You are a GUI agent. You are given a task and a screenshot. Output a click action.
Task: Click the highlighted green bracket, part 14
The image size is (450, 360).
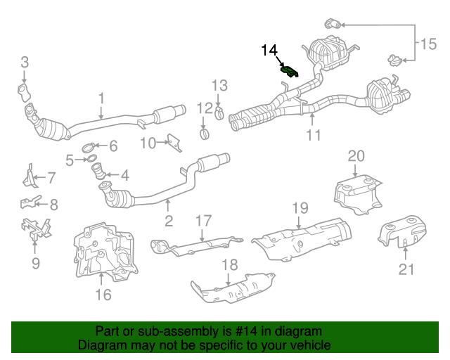tap(289, 70)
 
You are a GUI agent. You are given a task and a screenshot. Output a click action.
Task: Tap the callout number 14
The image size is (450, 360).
tap(270, 50)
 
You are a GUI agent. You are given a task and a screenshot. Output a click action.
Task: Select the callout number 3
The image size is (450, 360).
tap(25, 63)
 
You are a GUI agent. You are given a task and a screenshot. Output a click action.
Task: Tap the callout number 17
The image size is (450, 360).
tap(203, 221)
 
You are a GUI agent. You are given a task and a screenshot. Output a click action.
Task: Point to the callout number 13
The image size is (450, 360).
tap(219, 86)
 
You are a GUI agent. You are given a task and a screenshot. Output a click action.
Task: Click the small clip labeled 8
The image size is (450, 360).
tap(28, 205)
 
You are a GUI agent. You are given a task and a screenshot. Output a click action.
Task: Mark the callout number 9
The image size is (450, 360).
tap(36, 263)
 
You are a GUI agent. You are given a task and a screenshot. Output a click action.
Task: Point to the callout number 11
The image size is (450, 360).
tap(313, 134)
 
